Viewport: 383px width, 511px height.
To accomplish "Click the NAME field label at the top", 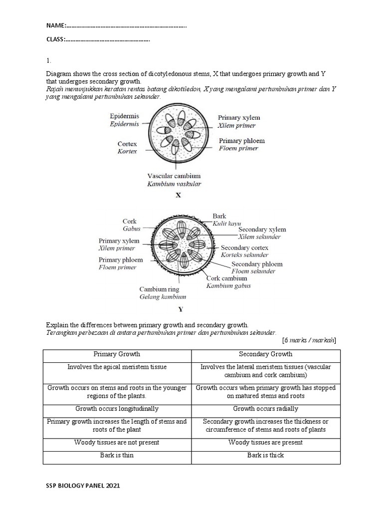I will coord(56,25).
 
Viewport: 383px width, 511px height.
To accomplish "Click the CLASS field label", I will coord(56,39).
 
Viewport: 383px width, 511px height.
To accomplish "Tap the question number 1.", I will coord(48,60).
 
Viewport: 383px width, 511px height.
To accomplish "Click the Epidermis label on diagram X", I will coord(125,116).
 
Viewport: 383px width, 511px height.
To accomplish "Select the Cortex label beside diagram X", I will coord(127,144).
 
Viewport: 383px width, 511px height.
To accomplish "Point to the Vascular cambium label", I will coord(174,176).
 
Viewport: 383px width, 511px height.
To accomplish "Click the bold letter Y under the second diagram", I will coord(181,309).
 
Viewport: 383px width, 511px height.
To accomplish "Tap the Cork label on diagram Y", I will coord(130,221).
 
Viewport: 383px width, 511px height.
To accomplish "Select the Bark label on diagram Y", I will coord(219,216).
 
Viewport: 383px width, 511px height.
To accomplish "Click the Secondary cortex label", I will coord(244,248).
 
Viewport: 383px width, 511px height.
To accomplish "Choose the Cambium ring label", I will coord(159,289).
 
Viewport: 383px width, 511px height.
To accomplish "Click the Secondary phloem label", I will coord(257,264).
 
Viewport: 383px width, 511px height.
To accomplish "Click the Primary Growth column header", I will coord(117,354).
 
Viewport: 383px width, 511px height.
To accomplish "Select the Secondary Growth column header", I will coord(266,354).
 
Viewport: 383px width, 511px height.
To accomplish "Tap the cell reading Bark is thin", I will coord(117,455).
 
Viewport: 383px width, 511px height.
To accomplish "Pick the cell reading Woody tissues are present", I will coord(266,443).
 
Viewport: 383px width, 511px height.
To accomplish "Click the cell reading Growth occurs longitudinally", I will coord(117,409).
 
